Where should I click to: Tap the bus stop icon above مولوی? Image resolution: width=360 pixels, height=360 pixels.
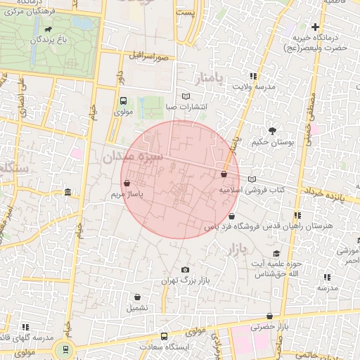click(x=124, y=101)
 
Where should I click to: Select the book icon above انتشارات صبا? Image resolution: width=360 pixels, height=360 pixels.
click(x=186, y=96)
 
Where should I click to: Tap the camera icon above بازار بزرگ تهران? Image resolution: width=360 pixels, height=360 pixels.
click(x=185, y=270)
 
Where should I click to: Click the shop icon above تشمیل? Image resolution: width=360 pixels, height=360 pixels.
click(x=137, y=297)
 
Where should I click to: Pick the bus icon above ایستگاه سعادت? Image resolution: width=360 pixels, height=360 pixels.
click(x=164, y=336)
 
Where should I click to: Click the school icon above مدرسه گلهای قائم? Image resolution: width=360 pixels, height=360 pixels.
click(x=26, y=327)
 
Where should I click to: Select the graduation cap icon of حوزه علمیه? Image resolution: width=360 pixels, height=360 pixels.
click(x=276, y=253)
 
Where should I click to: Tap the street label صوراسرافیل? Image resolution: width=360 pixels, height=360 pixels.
click(x=149, y=54)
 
